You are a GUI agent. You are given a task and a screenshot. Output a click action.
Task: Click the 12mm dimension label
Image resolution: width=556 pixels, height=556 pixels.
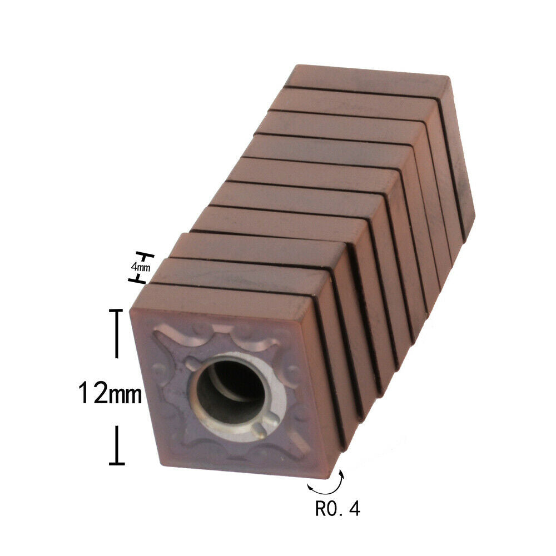[x=110, y=393]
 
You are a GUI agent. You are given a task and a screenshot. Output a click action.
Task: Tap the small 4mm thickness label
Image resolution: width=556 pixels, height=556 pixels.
[x=141, y=267]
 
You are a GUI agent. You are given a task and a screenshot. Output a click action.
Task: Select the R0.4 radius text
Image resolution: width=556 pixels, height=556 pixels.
[x=337, y=509]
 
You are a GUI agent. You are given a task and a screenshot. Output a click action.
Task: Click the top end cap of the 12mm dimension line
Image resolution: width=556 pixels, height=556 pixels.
[x=116, y=310]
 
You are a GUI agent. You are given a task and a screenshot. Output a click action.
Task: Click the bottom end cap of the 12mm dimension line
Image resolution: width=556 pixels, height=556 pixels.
[x=117, y=463]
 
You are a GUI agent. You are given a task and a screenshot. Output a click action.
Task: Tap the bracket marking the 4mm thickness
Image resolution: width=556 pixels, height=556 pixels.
[x=141, y=268]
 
